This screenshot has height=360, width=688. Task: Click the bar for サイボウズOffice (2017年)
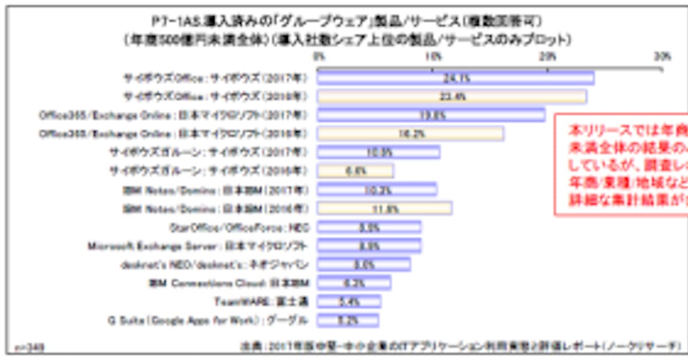click(455, 78)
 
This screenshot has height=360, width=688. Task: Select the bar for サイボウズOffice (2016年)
click(452, 96)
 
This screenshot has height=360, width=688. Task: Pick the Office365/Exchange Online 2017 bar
click(431, 115)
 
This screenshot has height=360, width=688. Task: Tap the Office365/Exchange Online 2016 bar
click(411, 134)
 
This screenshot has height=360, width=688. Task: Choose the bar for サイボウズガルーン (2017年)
click(378, 152)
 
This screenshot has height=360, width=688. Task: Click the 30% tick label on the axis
click(662, 56)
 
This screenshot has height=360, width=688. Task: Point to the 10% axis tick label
click(433, 56)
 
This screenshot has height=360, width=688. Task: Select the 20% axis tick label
click(548, 56)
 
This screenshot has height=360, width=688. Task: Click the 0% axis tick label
click(319, 56)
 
